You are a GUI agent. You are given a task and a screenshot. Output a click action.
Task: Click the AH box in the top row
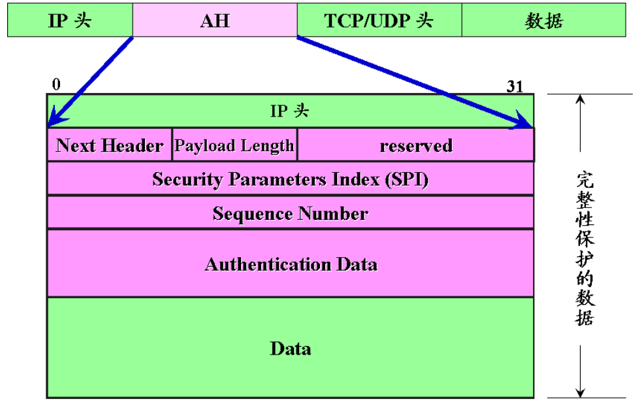tap(215, 20)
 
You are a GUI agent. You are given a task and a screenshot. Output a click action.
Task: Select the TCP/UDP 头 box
tap(379, 20)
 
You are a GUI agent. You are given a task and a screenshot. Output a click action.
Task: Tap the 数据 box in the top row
tap(543, 20)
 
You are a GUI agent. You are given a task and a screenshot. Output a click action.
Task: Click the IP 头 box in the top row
tap(70, 20)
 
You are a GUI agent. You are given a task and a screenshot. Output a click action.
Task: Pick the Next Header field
tap(109, 145)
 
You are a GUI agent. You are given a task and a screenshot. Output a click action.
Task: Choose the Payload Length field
tap(234, 145)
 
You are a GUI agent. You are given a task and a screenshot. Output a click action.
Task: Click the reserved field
tap(416, 145)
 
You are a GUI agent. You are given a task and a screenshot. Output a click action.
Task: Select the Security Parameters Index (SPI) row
tap(290, 179)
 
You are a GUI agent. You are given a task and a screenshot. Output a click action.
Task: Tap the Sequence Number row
tap(290, 213)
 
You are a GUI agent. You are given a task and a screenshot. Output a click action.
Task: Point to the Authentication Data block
tap(290, 264)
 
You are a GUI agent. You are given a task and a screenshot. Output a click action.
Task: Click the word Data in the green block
tap(290, 348)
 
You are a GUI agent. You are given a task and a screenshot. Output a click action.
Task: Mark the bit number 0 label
tap(56, 84)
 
